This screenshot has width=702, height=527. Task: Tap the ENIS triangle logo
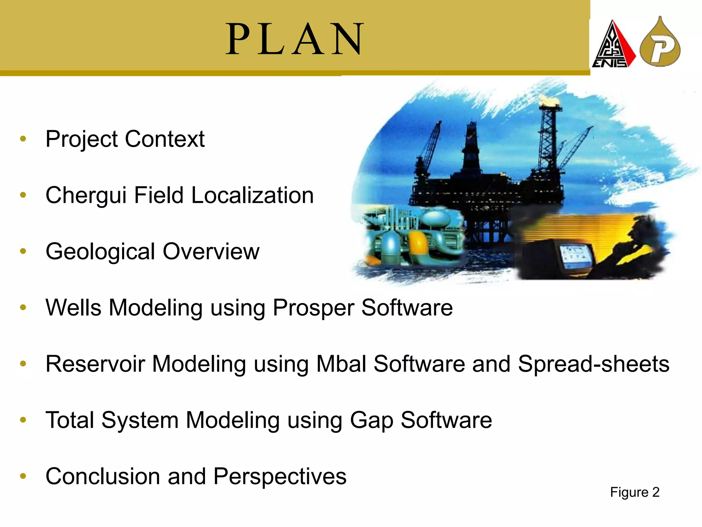coord(613,45)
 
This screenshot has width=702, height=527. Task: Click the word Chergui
coord(86,196)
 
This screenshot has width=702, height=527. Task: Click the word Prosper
coord(313,308)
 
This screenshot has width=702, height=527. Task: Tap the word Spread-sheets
coord(593,364)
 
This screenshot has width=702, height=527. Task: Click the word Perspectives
coord(280,477)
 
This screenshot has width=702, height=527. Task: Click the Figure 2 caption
coord(634,492)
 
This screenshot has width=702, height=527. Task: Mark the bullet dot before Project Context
coord(23,139)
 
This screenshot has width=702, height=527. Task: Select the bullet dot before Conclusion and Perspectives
coord(23,476)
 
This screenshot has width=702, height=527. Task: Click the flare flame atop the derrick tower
coord(549,101)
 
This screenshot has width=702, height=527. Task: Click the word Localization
coord(252,196)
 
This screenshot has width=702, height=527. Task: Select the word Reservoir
coord(95,364)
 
